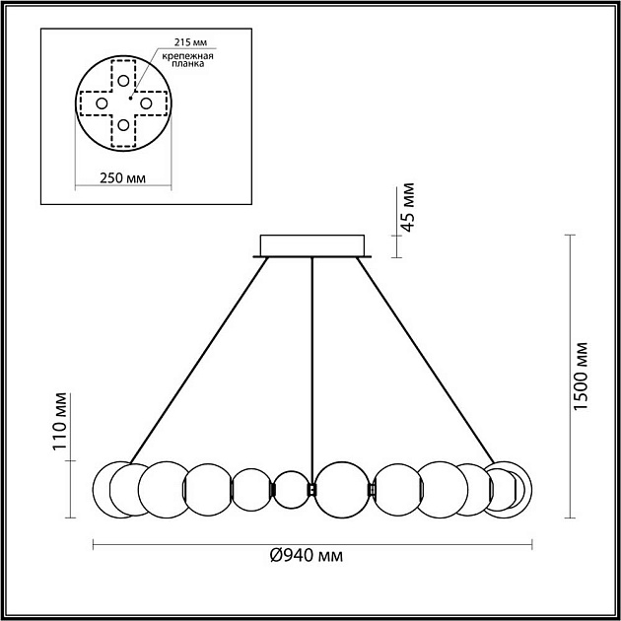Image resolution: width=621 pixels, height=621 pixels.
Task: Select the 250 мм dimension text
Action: pos(123,179)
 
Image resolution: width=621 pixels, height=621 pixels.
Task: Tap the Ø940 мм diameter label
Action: pos(306,556)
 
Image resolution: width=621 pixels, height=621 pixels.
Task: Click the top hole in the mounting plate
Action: pos(122,80)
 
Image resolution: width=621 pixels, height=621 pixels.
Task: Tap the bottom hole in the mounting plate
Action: pos(122,125)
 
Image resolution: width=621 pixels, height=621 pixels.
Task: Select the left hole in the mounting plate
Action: pos(100,103)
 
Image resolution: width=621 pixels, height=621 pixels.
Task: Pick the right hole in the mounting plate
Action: pos(145,103)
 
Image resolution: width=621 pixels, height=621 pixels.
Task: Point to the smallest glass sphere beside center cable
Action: pos(291,490)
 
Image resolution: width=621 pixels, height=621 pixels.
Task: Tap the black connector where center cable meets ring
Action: pos(312,489)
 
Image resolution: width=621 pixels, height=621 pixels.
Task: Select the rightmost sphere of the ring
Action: pos(515,490)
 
